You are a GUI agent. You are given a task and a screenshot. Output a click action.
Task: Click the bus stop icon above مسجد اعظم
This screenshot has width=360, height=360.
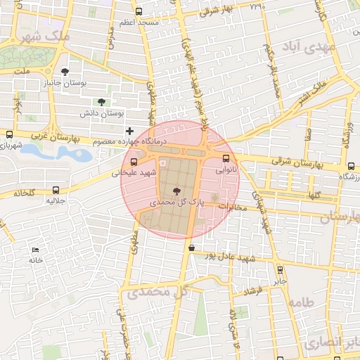pyautogui.click(x=139, y=12)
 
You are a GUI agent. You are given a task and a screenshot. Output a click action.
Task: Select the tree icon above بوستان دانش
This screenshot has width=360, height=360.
pyautogui.click(x=102, y=102)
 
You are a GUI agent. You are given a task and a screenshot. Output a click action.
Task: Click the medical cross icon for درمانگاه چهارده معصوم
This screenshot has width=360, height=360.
pyautogui.click(x=129, y=131)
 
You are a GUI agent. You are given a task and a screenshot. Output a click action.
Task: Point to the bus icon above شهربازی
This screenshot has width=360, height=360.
pyautogui.click(x=10, y=134)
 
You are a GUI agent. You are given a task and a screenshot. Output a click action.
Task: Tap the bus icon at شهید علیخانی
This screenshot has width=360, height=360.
pyautogui.click(x=134, y=162)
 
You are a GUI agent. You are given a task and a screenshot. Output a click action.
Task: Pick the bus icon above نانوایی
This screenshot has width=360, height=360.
pyautogui.click(x=226, y=158)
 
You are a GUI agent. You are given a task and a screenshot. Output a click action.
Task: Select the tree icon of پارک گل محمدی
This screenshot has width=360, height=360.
pyautogui.click(x=176, y=191)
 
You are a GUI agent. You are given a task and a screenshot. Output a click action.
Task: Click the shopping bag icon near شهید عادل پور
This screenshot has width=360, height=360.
pyautogui.click(x=192, y=247)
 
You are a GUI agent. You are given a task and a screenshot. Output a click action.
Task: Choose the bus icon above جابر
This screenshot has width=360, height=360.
pyautogui.click(x=281, y=269)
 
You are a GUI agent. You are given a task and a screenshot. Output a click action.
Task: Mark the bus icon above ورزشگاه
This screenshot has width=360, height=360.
pyautogui.click(x=350, y=166)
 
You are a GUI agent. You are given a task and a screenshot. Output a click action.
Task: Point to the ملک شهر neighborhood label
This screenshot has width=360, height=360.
pyautogui.click(x=46, y=34)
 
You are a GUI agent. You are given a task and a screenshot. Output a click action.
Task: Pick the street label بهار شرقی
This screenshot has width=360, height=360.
pyautogui.click(x=216, y=11)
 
